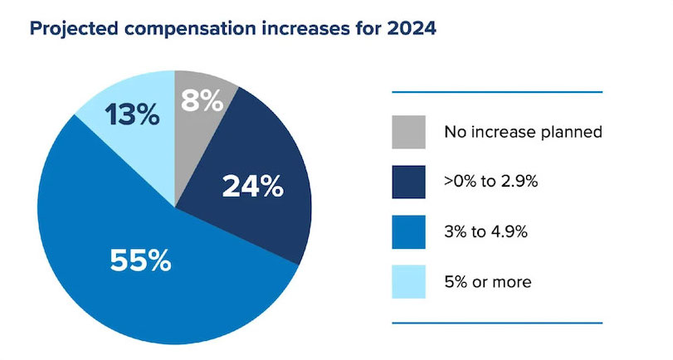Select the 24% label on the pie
coord(252,187)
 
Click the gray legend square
coord(408,132)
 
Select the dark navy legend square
coord(408,182)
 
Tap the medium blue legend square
coord(408,231)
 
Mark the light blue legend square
coord(408,282)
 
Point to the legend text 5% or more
coord(488,282)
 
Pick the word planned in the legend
coord(569,133)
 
